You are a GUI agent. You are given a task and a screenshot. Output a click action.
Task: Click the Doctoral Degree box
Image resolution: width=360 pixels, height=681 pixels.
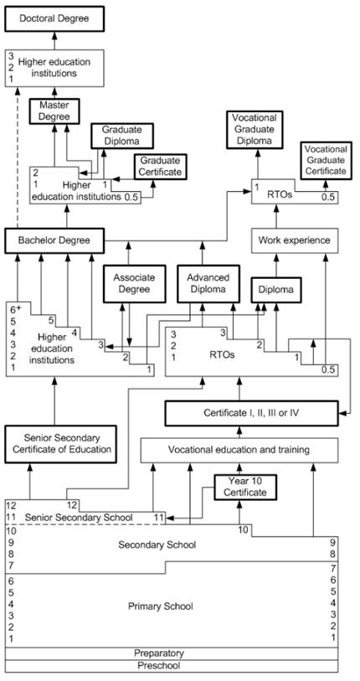click(54, 18)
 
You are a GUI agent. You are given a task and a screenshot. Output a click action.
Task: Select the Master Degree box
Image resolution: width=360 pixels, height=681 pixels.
click(54, 111)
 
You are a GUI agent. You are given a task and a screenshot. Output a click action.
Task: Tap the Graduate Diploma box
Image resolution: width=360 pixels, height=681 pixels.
click(122, 136)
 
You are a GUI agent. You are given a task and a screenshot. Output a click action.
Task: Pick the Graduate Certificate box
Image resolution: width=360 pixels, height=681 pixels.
click(160, 167)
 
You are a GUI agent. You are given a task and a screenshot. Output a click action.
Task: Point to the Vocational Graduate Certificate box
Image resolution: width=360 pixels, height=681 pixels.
click(327, 160)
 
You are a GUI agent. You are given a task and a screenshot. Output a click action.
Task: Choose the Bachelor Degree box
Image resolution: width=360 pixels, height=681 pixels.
click(54, 240)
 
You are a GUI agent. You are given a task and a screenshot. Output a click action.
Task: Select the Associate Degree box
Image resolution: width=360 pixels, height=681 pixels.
click(128, 284)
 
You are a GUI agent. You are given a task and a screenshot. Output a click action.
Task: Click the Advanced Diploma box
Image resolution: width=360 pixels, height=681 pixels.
click(208, 284)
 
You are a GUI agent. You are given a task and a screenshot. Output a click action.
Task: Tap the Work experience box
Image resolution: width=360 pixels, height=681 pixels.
click(295, 240)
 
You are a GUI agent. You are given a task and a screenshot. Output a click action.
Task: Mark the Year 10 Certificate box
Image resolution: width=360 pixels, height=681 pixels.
click(246, 487)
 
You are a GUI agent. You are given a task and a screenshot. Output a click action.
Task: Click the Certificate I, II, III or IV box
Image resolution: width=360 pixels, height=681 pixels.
click(251, 413)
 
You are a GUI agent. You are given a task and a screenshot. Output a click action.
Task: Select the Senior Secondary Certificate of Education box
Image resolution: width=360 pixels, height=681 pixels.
click(61, 444)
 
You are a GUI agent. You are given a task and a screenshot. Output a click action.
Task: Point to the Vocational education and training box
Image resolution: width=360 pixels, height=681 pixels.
click(239, 450)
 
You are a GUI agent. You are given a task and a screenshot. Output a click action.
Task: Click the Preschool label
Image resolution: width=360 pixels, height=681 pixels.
click(159, 665)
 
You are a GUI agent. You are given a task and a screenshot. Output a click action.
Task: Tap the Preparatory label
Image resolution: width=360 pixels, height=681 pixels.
click(159, 653)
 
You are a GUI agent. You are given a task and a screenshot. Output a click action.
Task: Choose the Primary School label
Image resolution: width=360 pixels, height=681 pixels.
click(160, 606)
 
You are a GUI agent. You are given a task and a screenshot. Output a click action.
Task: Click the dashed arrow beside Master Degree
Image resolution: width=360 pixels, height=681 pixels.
click(18, 157)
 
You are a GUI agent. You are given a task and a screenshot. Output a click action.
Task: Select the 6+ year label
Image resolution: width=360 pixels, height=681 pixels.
click(16, 309)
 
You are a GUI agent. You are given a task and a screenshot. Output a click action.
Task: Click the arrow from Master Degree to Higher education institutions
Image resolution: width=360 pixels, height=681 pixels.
click(54, 92)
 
